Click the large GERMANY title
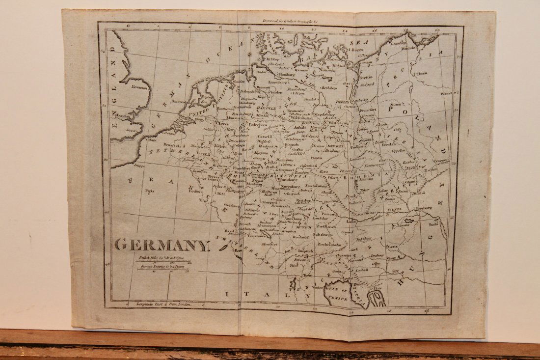tap(162, 244)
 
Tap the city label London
tap(121, 116)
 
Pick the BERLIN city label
tap(343, 102)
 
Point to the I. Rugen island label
tap(357, 50)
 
